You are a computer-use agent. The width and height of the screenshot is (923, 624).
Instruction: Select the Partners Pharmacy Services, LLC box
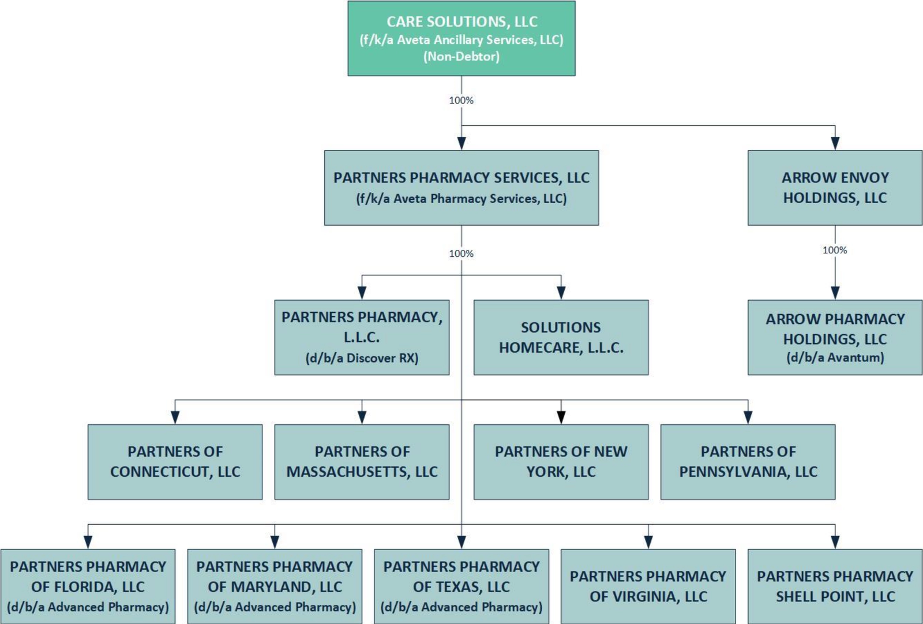click(x=461, y=188)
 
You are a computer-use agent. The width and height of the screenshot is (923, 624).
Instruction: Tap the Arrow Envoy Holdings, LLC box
click(x=835, y=188)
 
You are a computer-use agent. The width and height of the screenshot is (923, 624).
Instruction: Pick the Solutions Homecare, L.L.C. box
click(x=561, y=337)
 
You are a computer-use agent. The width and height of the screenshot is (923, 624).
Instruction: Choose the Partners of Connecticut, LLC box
click(x=175, y=462)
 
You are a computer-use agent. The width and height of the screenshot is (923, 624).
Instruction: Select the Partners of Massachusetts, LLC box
click(x=362, y=462)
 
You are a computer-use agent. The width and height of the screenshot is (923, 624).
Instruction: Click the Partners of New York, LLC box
click(x=561, y=462)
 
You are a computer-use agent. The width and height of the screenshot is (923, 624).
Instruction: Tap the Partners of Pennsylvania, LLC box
click(x=748, y=462)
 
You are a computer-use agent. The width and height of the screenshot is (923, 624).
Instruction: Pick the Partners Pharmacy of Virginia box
click(x=648, y=586)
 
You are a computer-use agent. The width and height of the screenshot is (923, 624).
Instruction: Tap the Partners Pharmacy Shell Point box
click(x=835, y=586)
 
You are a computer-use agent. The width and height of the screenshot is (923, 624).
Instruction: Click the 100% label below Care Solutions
click(x=461, y=100)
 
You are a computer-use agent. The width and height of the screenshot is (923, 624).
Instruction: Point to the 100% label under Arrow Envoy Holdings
click(x=835, y=250)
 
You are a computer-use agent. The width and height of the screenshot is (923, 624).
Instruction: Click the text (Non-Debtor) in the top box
click(x=461, y=57)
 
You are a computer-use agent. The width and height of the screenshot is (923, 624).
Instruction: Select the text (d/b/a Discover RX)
click(x=362, y=358)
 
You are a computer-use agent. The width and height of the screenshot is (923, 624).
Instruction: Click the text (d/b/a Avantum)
click(x=835, y=357)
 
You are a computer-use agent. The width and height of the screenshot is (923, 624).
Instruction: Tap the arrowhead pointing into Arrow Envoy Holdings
click(x=835, y=143)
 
